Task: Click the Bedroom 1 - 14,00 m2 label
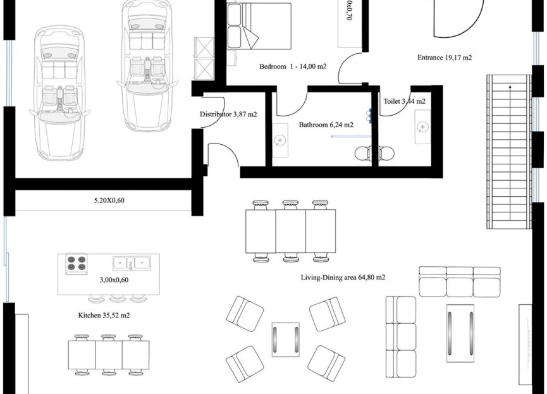pyautogui.click(x=292, y=66)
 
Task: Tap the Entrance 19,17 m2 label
pyautogui.click(x=445, y=58)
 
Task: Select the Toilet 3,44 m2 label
pyautogui.click(x=404, y=101)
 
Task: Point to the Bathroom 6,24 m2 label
pyautogui.click(x=326, y=125)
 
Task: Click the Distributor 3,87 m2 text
pyautogui.click(x=228, y=114)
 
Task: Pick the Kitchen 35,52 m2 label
pyautogui.click(x=104, y=314)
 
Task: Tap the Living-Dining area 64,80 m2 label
pyautogui.click(x=343, y=277)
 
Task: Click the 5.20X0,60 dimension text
pyautogui.click(x=105, y=201)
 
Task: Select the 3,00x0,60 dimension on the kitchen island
pyautogui.click(x=114, y=280)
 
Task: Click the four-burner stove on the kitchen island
pyautogui.click(x=77, y=263)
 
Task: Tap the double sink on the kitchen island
pyautogui.click(x=132, y=263)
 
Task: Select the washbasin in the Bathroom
pyautogui.click(x=280, y=139)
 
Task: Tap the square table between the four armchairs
pyautogui.click(x=286, y=340)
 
